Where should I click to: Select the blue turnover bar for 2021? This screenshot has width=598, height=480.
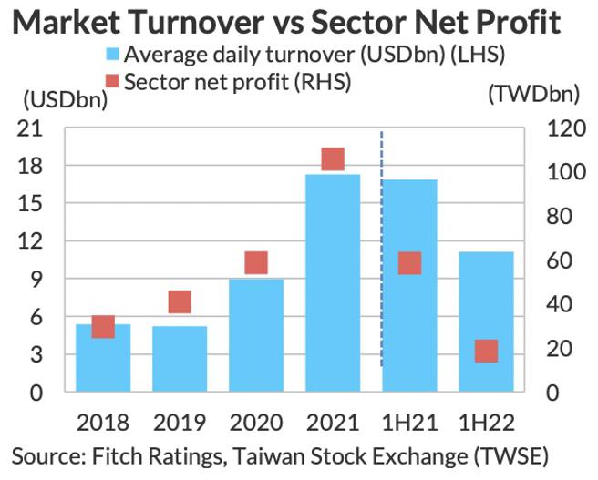click(x=333, y=282)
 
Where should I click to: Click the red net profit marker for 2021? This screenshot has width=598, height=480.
click(x=333, y=159)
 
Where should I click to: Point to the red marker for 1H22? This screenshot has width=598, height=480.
click(x=486, y=351)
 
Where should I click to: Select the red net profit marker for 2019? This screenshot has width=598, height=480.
click(x=180, y=302)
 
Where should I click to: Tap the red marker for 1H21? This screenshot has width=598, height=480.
click(x=409, y=263)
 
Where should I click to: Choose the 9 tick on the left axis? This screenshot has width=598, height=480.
click(x=37, y=281)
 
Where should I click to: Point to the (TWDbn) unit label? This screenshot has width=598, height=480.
click(x=531, y=93)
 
